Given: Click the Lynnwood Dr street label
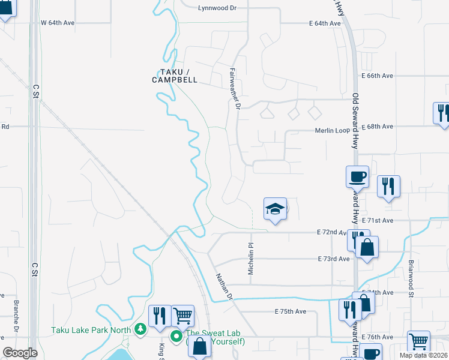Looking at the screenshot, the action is [220, 8].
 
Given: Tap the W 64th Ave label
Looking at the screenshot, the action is [57, 23].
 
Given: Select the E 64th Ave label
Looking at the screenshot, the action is [325, 23].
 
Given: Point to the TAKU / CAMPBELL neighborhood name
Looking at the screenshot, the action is [175, 76].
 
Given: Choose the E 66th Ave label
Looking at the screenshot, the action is [377, 76].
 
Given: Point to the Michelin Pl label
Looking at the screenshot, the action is [252, 259].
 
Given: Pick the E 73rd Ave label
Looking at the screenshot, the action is [333, 259].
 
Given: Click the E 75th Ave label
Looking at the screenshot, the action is [291, 311].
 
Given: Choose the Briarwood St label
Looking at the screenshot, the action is [412, 278].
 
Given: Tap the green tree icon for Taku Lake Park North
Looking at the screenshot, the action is [140, 328].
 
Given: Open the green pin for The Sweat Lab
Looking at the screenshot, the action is [176, 336].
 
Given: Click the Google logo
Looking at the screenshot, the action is [20, 353].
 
